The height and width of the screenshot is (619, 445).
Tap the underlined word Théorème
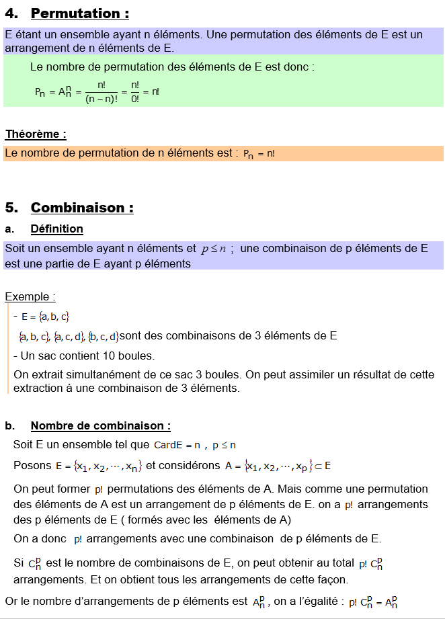point(36,134)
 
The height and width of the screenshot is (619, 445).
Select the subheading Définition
point(57,229)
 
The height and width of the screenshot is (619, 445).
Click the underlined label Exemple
point(29,296)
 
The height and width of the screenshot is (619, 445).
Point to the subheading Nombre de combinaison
point(100,425)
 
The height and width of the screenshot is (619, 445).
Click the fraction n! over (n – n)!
point(101,92)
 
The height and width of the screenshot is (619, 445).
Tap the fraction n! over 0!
point(135,92)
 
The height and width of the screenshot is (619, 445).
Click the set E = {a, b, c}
point(45,317)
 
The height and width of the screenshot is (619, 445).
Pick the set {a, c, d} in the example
point(69,336)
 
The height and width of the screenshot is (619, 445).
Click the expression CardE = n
point(177,445)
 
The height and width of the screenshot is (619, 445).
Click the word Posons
point(31,465)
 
